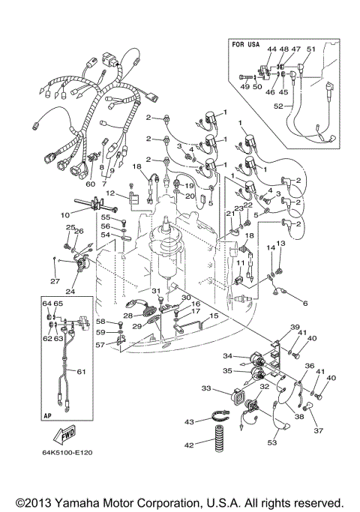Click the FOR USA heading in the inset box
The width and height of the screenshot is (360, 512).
tap(244, 44)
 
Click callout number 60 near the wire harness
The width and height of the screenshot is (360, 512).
tap(91, 184)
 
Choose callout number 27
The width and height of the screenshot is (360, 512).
tap(53, 282)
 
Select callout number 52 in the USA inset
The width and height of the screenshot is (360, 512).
tap(277, 106)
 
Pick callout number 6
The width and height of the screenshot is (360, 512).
tap(304, 303)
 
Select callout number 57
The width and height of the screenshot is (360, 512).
tap(109, 346)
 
